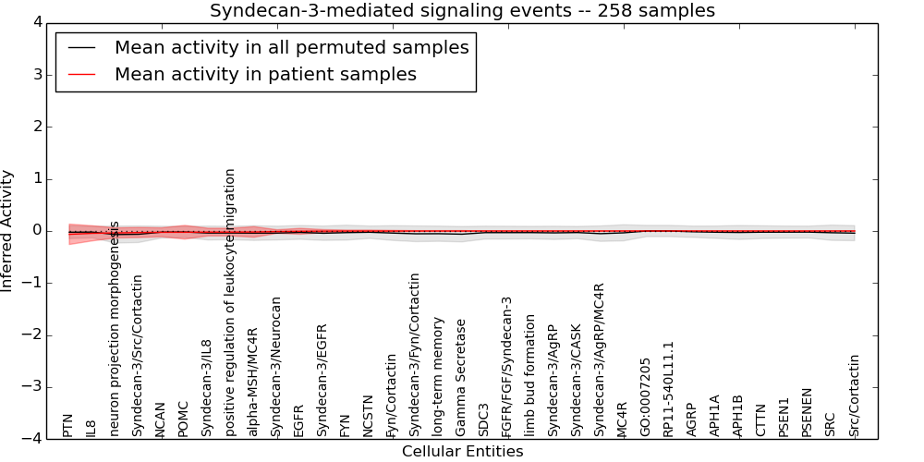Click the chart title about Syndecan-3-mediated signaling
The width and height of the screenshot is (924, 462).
click(462, 11)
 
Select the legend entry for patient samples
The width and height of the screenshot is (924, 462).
click(265, 74)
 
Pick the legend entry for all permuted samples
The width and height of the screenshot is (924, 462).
click(291, 47)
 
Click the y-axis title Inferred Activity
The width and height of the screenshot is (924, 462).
click(8, 231)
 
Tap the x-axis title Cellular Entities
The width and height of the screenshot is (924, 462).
click(462, 452)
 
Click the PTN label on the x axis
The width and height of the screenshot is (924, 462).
click(68, 426)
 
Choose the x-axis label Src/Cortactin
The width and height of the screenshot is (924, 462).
click(855, 395)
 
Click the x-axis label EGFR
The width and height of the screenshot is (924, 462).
click(299, 419)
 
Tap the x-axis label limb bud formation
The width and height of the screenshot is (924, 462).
click(530, 375)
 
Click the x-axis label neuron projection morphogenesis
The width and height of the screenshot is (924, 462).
click(115, 328)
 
